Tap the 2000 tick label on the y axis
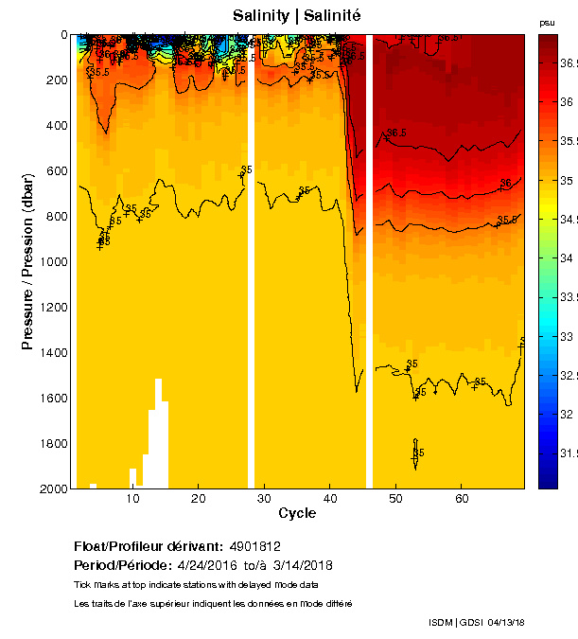click(57, 488)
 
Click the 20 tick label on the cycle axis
click(199, 498)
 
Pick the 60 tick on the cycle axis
click(461, 498)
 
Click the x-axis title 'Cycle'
click(297, 513)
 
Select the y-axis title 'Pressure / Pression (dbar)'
click(28, 262)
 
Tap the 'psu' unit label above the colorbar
click(547, 22)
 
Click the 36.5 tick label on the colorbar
click(568, 62)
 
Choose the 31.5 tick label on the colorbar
click(568, 453)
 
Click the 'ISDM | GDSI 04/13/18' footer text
click(476, 622)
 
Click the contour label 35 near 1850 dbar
click(419, 453)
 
